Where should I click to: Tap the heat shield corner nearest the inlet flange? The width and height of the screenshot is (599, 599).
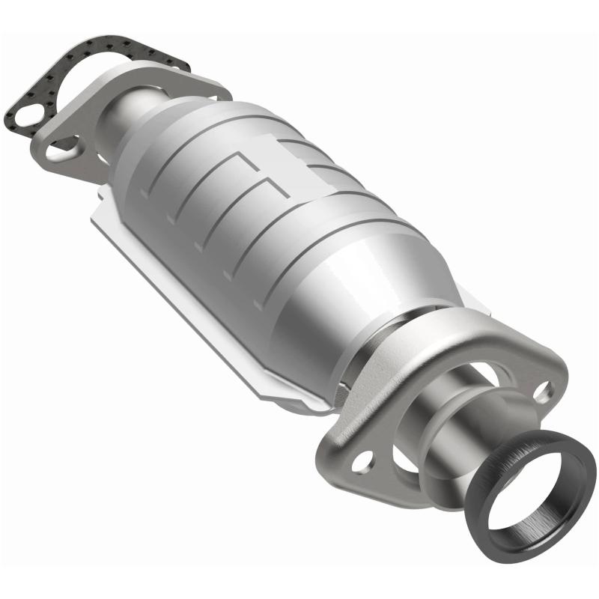[97, 213]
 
